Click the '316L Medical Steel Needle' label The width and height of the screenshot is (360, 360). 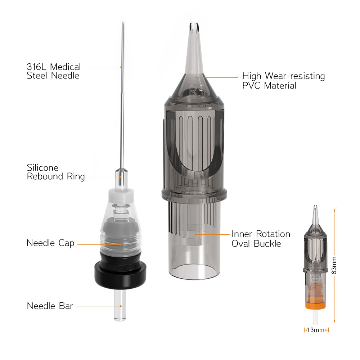tap(54, 71)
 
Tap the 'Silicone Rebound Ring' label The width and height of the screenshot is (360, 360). tap(55, 172)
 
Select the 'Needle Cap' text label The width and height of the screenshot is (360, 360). tap(50, 243)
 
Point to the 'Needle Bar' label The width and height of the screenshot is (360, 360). tap(50, 306)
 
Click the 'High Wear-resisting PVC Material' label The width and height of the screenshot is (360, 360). tap(284, 81)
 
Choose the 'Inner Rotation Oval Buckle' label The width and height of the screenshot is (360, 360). tap(261, 239)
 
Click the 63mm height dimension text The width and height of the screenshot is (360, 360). tap(334, 265)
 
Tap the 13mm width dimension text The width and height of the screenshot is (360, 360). tap(316, 330)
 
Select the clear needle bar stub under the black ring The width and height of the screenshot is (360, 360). tap(120, 305)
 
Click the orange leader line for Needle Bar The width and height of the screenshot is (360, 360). tap(99, 306)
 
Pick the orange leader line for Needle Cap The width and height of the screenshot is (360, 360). tap(99, 244)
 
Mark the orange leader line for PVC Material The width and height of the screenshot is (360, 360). tap(216, 78)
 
